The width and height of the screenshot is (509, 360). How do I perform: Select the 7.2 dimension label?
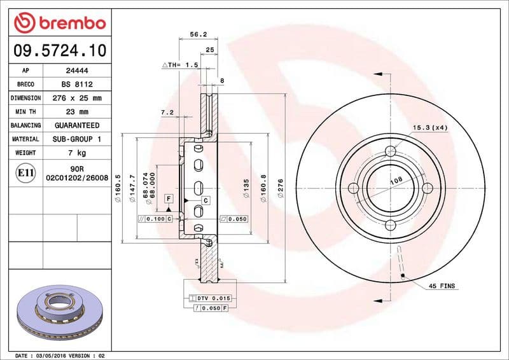(167, 113)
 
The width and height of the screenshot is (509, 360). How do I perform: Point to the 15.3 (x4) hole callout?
(431, 128)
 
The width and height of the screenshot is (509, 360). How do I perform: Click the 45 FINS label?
(442, 287)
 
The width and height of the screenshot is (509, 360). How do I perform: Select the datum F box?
(168, 198)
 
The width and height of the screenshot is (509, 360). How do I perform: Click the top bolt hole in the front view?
(391, 151)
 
